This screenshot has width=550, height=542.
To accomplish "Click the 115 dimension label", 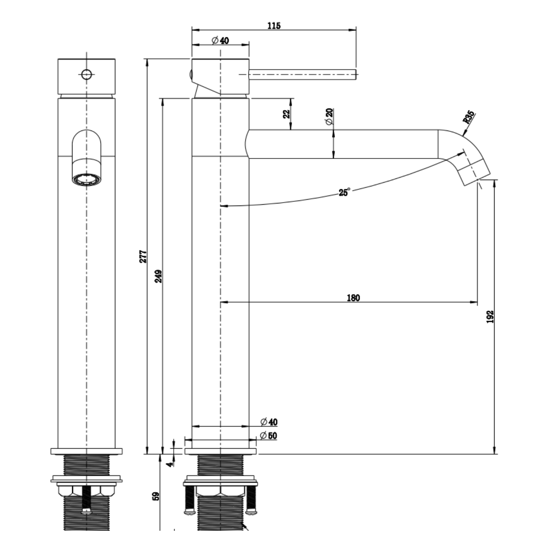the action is tap(274, 26).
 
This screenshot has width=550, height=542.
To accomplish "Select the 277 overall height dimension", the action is tap(143, 256).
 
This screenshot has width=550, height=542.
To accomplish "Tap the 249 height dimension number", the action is tap(158, 276).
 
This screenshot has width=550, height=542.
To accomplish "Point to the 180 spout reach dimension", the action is tap(353, 298).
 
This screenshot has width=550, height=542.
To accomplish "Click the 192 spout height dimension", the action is tap(490, 316).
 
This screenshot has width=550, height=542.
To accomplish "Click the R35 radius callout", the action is tap(469, 117).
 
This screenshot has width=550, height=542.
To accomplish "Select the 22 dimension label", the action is tap(287, 114).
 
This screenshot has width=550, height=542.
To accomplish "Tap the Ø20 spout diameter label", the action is tap(329, 116).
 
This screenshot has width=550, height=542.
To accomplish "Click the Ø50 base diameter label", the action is tap(268, 435).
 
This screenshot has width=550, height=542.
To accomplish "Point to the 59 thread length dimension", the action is tap(156, 496).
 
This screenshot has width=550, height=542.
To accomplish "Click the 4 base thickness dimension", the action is tap(170, 464).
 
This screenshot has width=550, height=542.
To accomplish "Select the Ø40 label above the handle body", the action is tap(220, 40).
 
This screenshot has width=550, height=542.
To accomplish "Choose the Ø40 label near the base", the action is tap(269, 422).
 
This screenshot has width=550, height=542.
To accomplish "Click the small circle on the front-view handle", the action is tap(87, 75).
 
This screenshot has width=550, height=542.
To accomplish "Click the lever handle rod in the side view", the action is tap(302, 75).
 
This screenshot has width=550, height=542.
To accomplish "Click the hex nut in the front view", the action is tap(87, 491).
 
